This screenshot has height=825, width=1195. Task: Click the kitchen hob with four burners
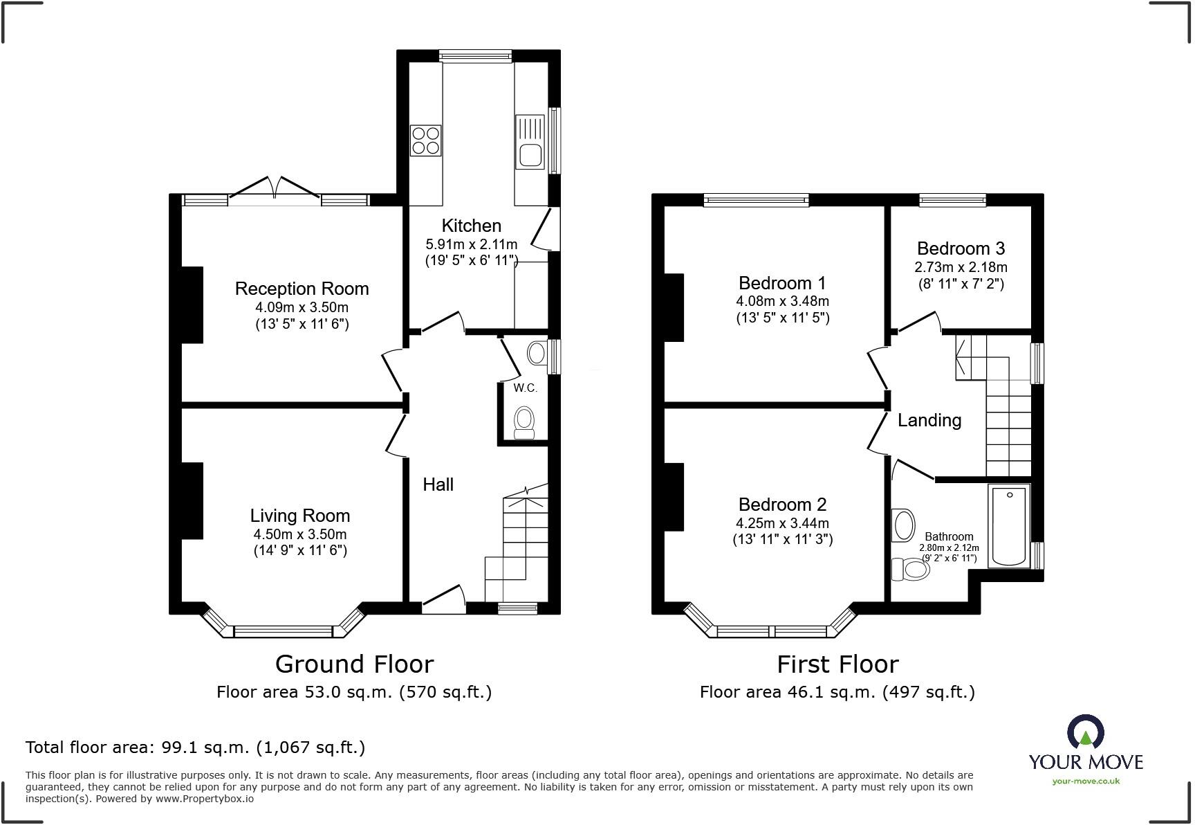425,140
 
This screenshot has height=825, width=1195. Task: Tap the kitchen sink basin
530,156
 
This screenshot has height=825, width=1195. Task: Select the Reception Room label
302,289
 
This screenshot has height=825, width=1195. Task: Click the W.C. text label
525,388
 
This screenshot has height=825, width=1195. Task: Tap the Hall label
438,484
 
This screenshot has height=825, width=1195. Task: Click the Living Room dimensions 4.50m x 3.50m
300,534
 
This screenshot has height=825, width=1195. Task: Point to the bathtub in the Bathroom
1010,526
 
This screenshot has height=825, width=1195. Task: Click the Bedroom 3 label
961,248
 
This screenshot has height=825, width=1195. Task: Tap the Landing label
929,420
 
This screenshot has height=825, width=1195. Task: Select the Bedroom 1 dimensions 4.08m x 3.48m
782,302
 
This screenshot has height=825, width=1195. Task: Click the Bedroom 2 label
782,505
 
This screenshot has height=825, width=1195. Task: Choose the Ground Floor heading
354,664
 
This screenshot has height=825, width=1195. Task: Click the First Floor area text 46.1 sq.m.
837,692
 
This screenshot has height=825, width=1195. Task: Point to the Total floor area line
195,747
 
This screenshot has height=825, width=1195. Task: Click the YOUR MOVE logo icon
1085,732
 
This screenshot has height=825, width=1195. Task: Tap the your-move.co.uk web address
1085,781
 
